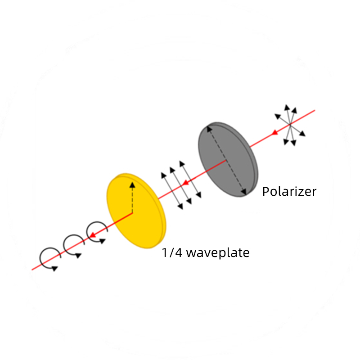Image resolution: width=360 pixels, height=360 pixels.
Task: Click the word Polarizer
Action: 289,192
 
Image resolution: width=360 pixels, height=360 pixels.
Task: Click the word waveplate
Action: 218,253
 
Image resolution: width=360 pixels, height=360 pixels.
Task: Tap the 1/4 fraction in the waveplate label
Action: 172,252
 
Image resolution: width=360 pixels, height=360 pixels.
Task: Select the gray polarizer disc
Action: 228,159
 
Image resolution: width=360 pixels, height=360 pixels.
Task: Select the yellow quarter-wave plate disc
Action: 136,211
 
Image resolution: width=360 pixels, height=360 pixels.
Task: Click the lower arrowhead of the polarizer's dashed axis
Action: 244,192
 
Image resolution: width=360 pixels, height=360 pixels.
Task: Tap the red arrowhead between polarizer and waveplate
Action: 185,183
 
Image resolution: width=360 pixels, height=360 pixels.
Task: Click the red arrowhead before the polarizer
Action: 274,132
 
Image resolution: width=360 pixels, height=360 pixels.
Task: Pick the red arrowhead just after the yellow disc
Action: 92,235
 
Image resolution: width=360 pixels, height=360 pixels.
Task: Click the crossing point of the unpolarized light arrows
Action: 290,125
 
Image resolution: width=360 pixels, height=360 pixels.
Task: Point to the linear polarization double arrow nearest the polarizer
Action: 190,179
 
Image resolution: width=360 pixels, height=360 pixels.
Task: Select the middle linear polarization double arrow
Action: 181,185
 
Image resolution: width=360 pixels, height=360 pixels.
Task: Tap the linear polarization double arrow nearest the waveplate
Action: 172,191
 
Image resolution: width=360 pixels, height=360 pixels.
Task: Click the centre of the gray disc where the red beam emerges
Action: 226,160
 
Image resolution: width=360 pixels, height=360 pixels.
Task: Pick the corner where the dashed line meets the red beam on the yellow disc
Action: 132,213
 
